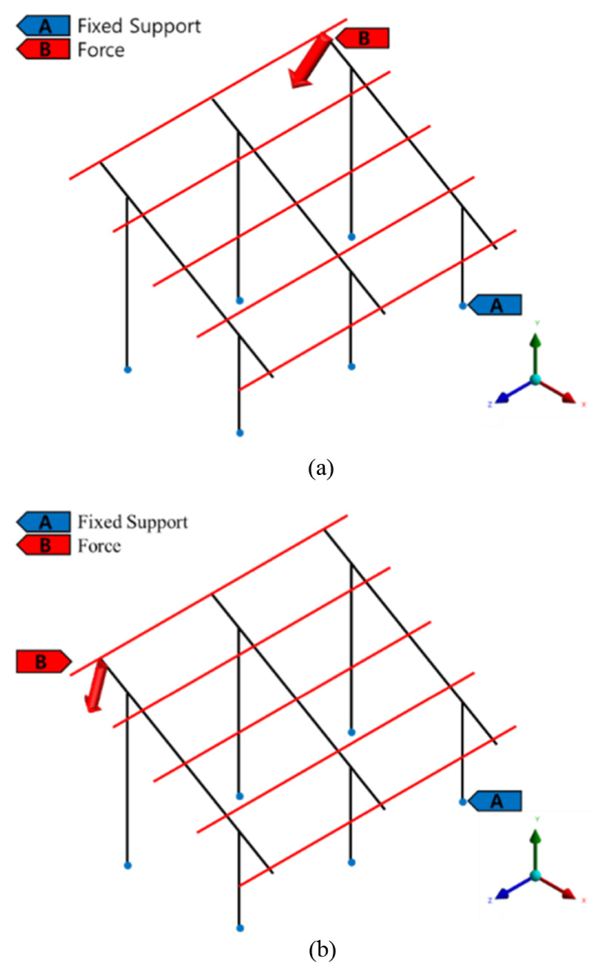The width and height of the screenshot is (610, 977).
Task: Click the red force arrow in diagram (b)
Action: pos(96,685)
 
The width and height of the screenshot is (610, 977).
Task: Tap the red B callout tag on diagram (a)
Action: pos(363,39)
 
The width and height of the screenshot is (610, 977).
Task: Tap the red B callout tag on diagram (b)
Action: pos(43,662)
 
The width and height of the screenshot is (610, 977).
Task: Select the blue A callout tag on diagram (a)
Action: pos(496,305)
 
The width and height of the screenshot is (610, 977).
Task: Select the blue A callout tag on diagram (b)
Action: pos(496,801)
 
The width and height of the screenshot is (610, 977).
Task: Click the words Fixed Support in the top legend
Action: pos(139,26)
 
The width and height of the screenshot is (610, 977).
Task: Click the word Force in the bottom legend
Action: pos(99,546)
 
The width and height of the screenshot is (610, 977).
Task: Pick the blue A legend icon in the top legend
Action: pos(44,26)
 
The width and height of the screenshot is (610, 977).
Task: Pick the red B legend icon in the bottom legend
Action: pos(44,545)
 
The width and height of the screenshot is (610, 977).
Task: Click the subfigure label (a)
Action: pos(321,468)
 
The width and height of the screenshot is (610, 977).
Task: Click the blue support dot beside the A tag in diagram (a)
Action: pos(463,306)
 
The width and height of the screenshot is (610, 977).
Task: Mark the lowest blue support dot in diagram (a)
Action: pos(240,433)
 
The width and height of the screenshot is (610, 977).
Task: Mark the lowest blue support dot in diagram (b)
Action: pos(240,928)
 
